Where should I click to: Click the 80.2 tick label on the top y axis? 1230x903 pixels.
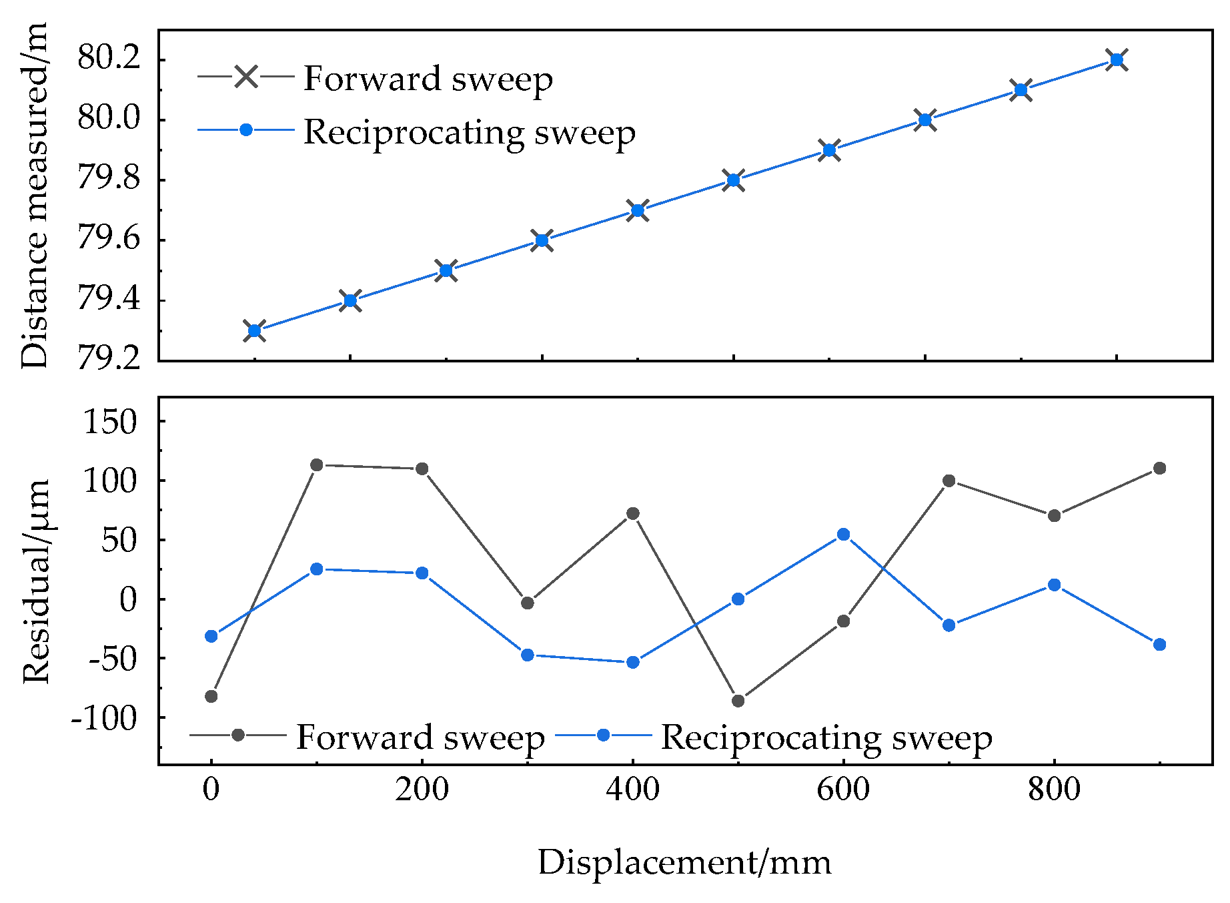(109, 59)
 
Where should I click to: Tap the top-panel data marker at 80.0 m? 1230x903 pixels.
(925, 120)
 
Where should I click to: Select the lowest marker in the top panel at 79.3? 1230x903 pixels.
(254, 330)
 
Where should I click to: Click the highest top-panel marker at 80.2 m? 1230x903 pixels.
(1117, 60)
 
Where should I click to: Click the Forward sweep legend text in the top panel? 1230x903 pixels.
(428, 79)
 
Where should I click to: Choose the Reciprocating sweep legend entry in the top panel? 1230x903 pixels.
(469, 132)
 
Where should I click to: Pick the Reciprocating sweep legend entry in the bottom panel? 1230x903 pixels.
(826, 737)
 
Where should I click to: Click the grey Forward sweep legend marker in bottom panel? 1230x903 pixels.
(238, 735)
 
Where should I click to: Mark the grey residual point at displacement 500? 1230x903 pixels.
(738, 701)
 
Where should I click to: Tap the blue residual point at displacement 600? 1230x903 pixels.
(843, 535)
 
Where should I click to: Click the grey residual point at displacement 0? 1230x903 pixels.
(211, 696)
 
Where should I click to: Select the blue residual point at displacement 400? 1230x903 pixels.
(633, 663)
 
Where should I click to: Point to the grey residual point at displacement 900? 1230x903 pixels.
(1159, 469)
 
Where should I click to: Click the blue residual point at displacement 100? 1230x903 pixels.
(317, 569)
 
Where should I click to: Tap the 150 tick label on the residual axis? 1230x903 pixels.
(109, 422)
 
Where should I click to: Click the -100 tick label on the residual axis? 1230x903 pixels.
(104, 718)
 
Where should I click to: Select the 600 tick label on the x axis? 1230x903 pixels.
(843, 790)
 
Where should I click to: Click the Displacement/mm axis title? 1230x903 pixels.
(684, 862)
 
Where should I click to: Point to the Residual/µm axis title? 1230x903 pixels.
(36, 581)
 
